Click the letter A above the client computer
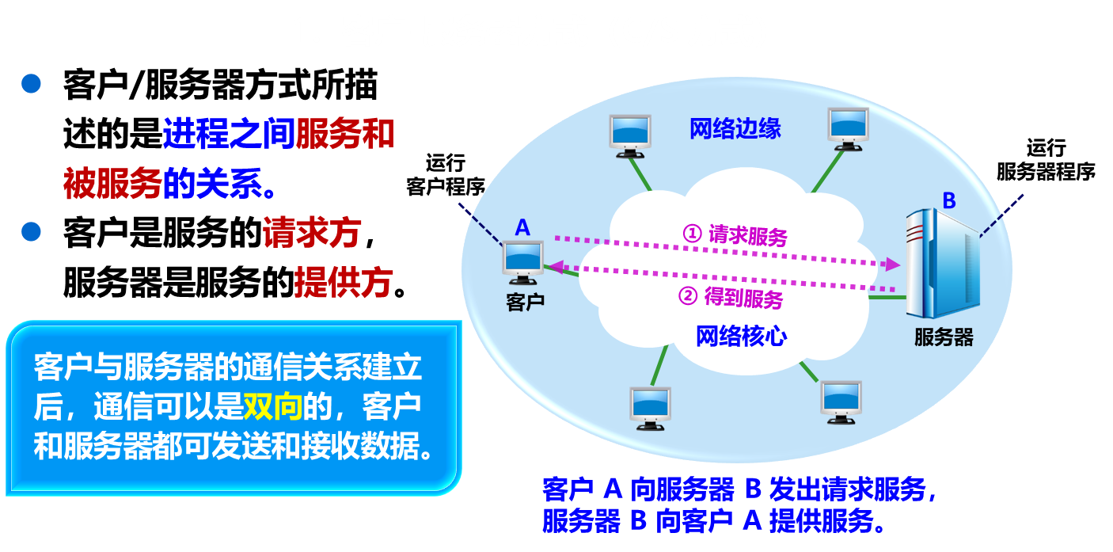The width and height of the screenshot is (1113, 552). coord(522,228)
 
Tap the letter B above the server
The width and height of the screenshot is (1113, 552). coord(948,201)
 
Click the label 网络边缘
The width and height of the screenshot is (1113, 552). coord(735,129)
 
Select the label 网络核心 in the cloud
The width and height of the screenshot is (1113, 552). coord(741,337)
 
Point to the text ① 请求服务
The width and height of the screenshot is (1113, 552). coord(735,234)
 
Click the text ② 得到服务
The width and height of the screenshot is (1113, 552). coord(731,298)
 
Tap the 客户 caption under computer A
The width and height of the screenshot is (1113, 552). coord(525,302)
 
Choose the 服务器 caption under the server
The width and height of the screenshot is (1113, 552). coord(944,337)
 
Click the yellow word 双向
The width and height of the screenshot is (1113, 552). coord(272,408)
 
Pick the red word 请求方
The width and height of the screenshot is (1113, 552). coord(312,233)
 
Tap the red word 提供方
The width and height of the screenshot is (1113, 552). coord(344,282)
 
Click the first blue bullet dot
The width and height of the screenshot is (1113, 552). coord(31,83)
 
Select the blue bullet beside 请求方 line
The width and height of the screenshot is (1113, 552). coord(31,231)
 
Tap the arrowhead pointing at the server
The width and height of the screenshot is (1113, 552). coord(894,263)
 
